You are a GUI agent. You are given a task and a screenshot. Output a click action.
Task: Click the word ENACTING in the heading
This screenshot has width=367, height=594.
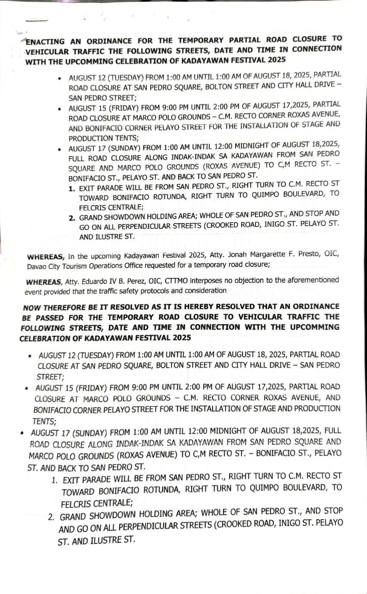click(45, 42)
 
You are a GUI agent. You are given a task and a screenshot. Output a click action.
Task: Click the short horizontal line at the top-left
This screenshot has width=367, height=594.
click(37, 20)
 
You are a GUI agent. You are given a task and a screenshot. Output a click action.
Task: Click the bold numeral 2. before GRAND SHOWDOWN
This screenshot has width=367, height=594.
click(72, 218)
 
